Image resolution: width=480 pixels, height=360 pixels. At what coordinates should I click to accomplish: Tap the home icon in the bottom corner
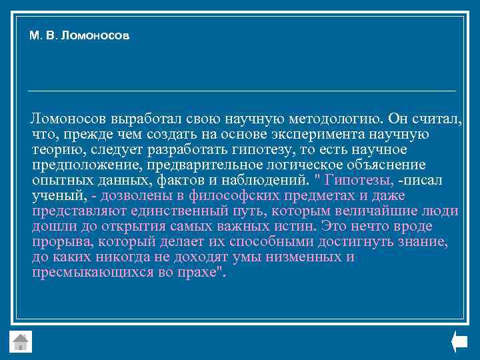pos(21,341)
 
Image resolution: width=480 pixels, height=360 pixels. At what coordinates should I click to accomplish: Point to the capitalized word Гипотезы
pos(356,180)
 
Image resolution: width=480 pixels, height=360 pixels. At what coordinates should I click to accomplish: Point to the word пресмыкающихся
pos(93,272)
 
